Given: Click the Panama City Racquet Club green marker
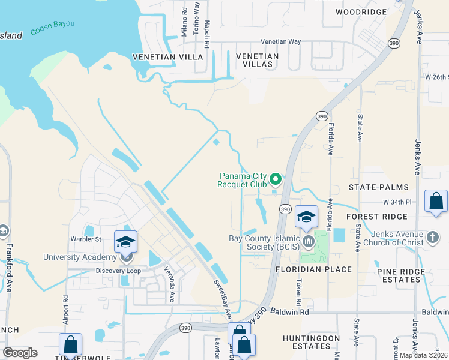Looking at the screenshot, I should pyautogui.click(x=276, y=179).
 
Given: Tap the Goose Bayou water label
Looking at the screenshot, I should pyautogui.click(x=53, y=23).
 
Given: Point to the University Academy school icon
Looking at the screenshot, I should pyautogui.click(x=126, y=241).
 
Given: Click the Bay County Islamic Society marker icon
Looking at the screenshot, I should pyautogui.click(x=309, y=242).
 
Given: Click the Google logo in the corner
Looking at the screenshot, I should pyautogui.click(x=20, y=352).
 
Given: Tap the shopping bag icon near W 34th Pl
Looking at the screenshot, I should pyautogui.click(x=436, y=202).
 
